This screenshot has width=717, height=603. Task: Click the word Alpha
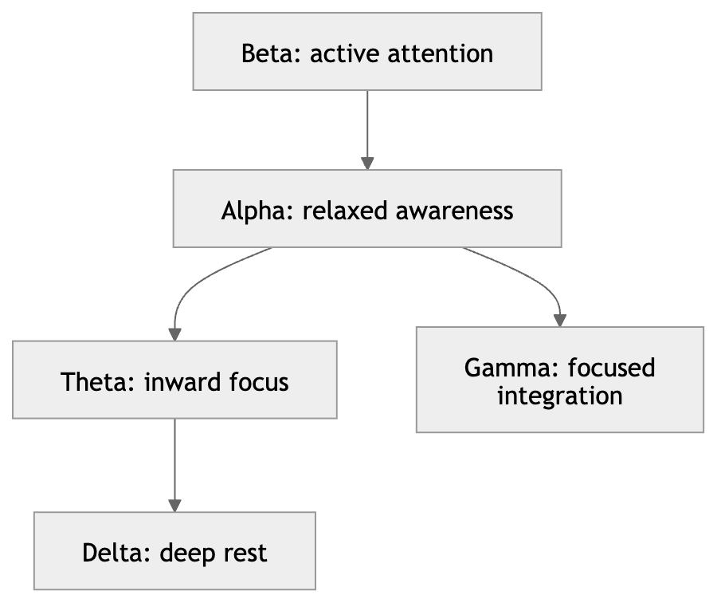[254, 211]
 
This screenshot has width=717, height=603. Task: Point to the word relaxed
[345, 211]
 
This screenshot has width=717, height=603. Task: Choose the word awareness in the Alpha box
[455, 212]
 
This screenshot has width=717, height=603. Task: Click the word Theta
[95, 382]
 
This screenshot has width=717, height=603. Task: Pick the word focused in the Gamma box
[611, 368]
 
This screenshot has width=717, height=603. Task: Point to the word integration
[560, 396]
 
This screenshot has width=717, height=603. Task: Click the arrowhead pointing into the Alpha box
[367, 163]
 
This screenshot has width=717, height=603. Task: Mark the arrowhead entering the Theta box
[174, 334]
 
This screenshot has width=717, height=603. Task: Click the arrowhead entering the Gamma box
[560, 321]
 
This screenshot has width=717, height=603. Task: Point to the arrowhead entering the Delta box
[174, 506]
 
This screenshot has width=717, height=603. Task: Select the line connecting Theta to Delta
[174, 459]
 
